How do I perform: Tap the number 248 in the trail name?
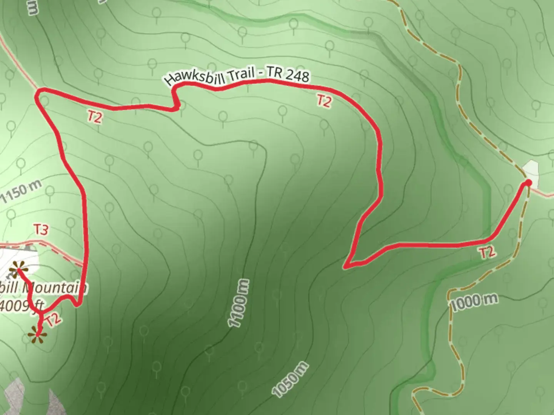click(297, 76)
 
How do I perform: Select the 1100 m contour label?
click(239, 304)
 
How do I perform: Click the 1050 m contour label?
click(290, 379)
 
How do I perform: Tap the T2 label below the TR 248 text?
click(324, 101)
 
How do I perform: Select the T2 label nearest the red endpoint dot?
click(486, 252)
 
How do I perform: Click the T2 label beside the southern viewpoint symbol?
click(53, 319)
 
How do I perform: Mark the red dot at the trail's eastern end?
click(528, 183)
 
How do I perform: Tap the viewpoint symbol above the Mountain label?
click(17, 269)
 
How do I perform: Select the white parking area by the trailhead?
click(531, 171)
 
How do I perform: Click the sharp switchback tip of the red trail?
click(346, 266)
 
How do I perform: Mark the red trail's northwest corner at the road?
click(39, 92)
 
